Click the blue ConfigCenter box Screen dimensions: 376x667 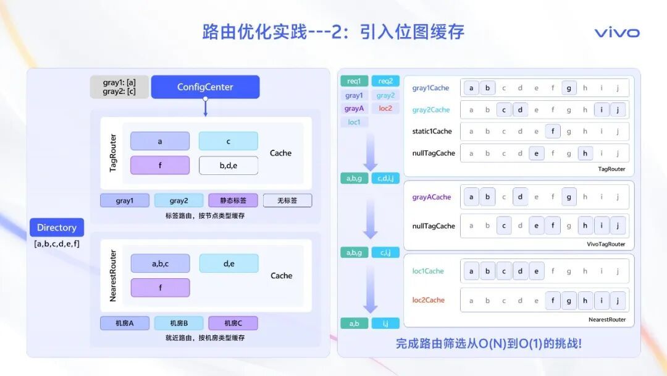point(205,87)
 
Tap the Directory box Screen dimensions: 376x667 point(56,228)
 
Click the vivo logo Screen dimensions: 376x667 point(616,33)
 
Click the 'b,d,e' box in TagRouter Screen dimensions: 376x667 point(228,165)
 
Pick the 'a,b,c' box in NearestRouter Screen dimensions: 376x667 point(160,263)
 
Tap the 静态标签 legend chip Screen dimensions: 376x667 point(233,200)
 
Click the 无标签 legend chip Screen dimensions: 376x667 point(287,200)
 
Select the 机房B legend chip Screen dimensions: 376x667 point(178,323)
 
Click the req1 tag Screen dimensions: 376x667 point(354,81)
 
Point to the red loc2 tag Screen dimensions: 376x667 point(385,108)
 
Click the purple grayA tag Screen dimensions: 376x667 point(354,108)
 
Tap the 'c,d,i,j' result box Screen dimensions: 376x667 point(385,178)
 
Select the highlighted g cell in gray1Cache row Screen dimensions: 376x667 point(569,88)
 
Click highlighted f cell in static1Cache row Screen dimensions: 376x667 point(553,131)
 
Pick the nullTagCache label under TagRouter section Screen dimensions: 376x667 point(434,153)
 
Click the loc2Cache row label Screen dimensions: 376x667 point(429,300)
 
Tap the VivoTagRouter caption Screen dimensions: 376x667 point(606,244)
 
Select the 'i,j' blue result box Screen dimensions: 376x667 point(385,323)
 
